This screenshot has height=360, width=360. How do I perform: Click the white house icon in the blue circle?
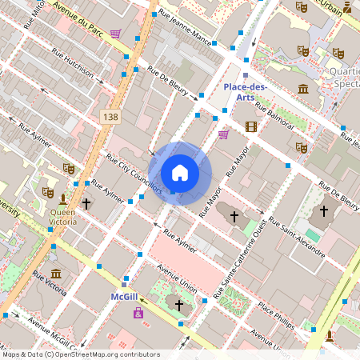tap(180, 173)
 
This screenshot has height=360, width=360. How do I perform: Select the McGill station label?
tap(124, 296)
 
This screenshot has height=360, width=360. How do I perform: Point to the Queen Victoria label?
tap(63, 218)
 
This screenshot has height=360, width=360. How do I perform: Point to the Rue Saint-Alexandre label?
tap(296, 238)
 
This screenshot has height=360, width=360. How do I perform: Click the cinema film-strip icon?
tap(251, 126)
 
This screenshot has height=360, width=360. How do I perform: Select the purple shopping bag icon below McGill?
tap(138, 312)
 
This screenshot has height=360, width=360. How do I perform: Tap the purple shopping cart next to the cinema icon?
tap(223, 134)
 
